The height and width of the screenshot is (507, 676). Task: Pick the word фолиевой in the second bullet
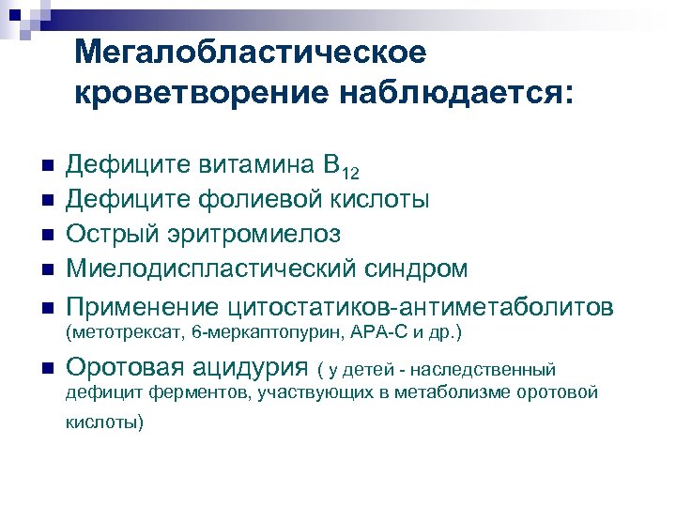coord(255,200)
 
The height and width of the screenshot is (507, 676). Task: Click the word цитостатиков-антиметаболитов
coord(420,306)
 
